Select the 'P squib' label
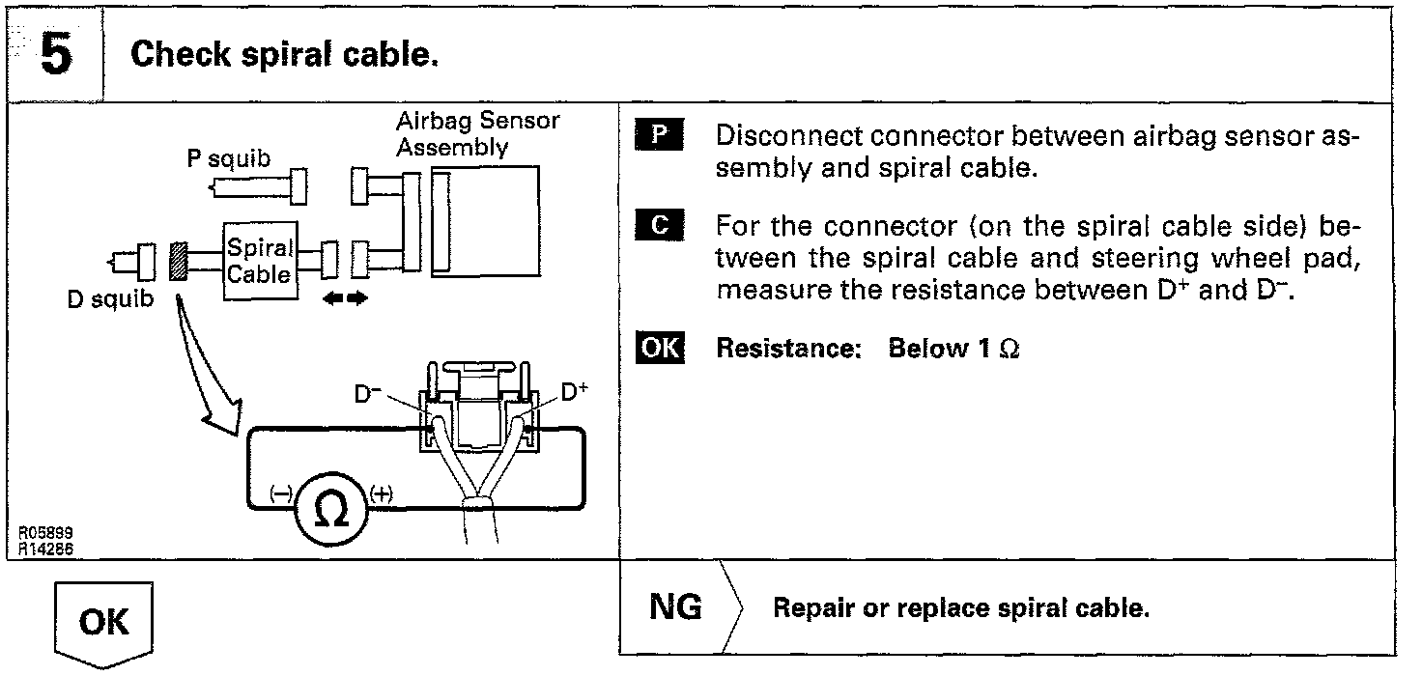[229, 159]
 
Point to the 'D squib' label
[110, 299]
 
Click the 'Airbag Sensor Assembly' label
[477, 135]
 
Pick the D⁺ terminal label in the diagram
[575, 393]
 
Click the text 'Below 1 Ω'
[953, 349]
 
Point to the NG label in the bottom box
[676, 608]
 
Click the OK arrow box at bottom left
[104, 621]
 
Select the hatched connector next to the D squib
[178, 260]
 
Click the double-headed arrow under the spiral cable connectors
[346, 299]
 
